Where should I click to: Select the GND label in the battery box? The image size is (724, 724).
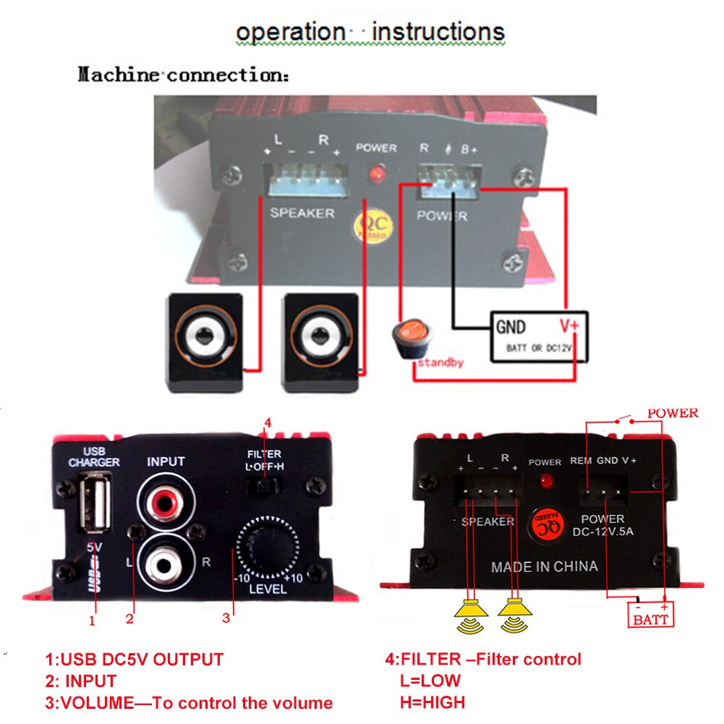coord(511,326)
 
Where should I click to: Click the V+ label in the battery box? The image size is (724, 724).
coord(568,326)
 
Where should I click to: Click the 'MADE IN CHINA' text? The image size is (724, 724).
coord(545,566)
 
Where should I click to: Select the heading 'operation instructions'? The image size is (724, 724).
coord(370,32)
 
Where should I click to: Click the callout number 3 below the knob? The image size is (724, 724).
coord(226,618)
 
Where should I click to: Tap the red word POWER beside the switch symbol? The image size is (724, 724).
coord(673,414)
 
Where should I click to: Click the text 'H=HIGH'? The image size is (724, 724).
coord(433,701)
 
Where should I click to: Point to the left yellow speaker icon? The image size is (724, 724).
coord(471,617)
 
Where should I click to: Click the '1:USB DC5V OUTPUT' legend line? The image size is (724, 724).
coord(135,659)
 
